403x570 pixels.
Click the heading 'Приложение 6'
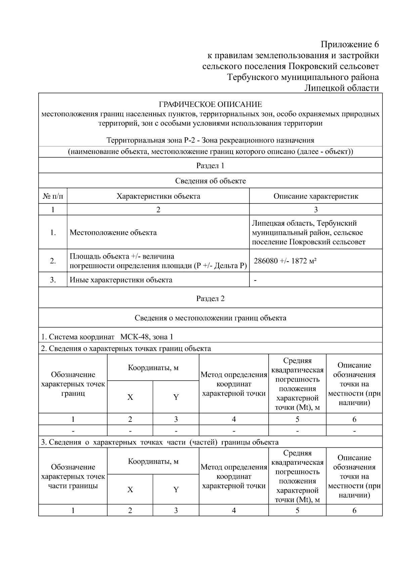pos(350,44)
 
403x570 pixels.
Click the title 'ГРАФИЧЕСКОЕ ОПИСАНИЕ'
pos(210,104)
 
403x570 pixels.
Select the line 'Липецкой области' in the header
pos(342,88)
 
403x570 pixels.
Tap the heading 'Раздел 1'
pos(210,166)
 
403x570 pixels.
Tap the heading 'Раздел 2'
pos(210,299)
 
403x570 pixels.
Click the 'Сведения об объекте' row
pos(210,181)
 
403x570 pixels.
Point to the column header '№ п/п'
pos(53,196)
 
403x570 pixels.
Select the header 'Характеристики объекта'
pos(158,196)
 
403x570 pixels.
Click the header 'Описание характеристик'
pos(316,196)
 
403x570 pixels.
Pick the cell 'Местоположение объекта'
pos(113,232)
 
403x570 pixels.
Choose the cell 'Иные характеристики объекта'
pos(121,280)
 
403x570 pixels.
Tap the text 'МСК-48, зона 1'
pos(147,337)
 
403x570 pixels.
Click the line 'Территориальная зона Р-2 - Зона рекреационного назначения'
pos(210,140)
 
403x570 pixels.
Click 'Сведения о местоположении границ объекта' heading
pos(210,318)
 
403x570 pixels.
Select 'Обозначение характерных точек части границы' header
pos(73,476)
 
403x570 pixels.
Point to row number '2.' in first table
pos(53,261)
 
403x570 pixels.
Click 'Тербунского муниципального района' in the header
pos(303,77)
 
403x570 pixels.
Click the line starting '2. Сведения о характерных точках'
pos(126,348)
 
